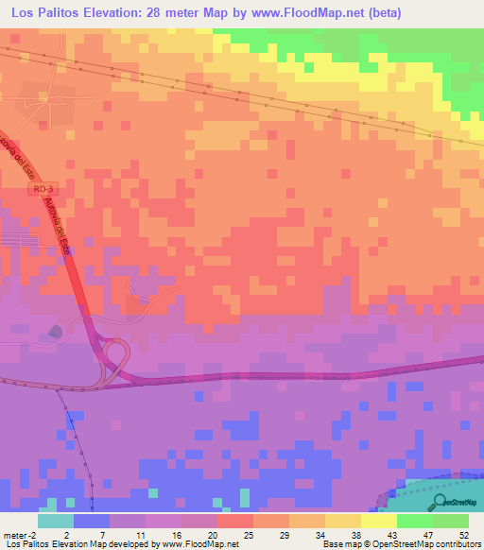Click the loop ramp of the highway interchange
pyautogui.click(x=114, y=356)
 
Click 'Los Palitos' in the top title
pyautogui.click(x=42, y=13)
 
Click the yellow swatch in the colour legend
pyautogui.click(x=378, y=521)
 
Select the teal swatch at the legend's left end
pyautogui.click(x=55, y=521)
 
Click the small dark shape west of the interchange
pyautogui.click(x=55, y=330)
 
